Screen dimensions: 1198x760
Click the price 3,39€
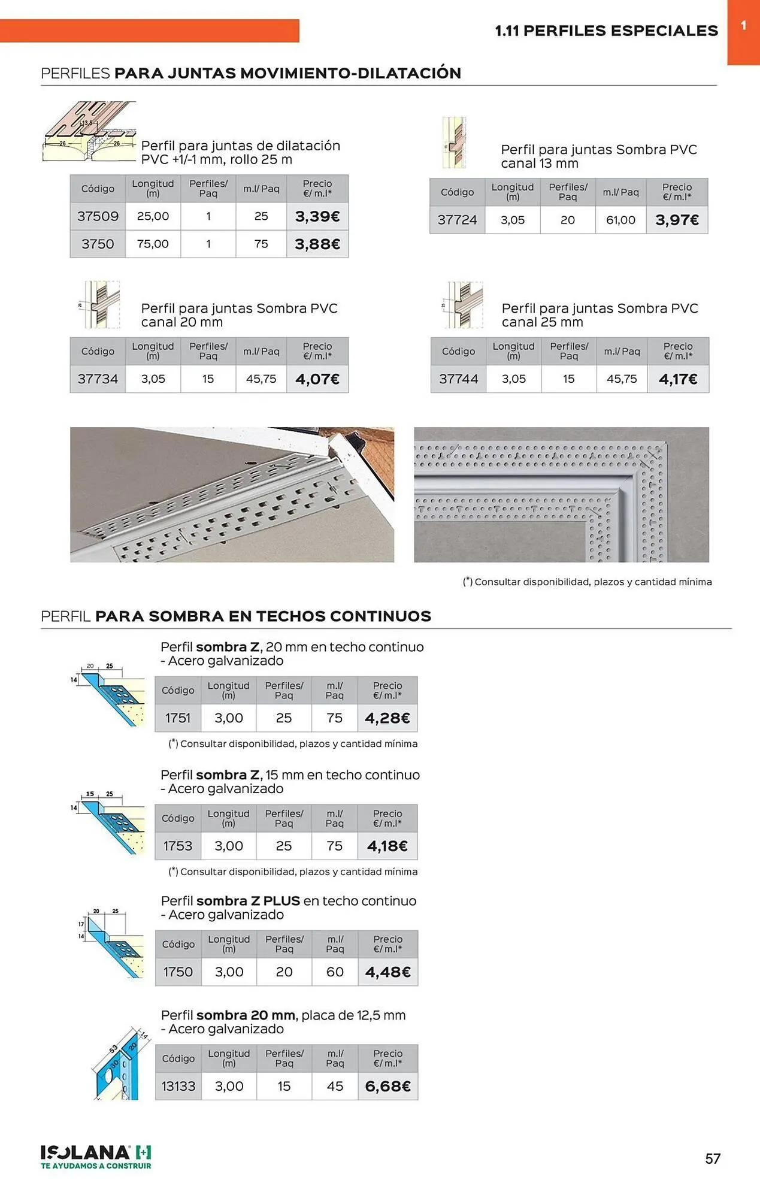(x=317, y=216)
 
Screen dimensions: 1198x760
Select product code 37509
(x=98, y=216)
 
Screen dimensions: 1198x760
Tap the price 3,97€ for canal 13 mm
(x=677, y=220)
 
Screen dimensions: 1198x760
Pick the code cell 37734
(x=98, y=379)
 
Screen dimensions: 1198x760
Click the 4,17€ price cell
(x=677, y=379)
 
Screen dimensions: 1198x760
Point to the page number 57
(x=712, y=1158)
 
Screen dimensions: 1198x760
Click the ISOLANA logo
(x=96, y=1156)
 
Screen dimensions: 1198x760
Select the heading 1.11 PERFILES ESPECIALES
(x=606, y=31)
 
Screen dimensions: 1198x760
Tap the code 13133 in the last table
(x=178, y=1086)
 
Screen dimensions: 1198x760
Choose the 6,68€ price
(x=387, y=1086)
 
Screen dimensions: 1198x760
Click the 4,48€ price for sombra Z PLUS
(x=387, y=972)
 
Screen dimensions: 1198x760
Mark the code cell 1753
(x=178, y=846)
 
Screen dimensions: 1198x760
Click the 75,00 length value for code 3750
(x=153, y=244)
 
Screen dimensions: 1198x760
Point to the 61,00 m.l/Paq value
(x=620, y=220)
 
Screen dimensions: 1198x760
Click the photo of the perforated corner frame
(x=561, y=494)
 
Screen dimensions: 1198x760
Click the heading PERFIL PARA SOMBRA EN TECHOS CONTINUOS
(x=236, y=616)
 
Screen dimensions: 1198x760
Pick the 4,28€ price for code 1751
(x=387, y=718)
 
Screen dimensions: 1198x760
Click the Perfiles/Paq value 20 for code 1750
(x=284, y=972)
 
